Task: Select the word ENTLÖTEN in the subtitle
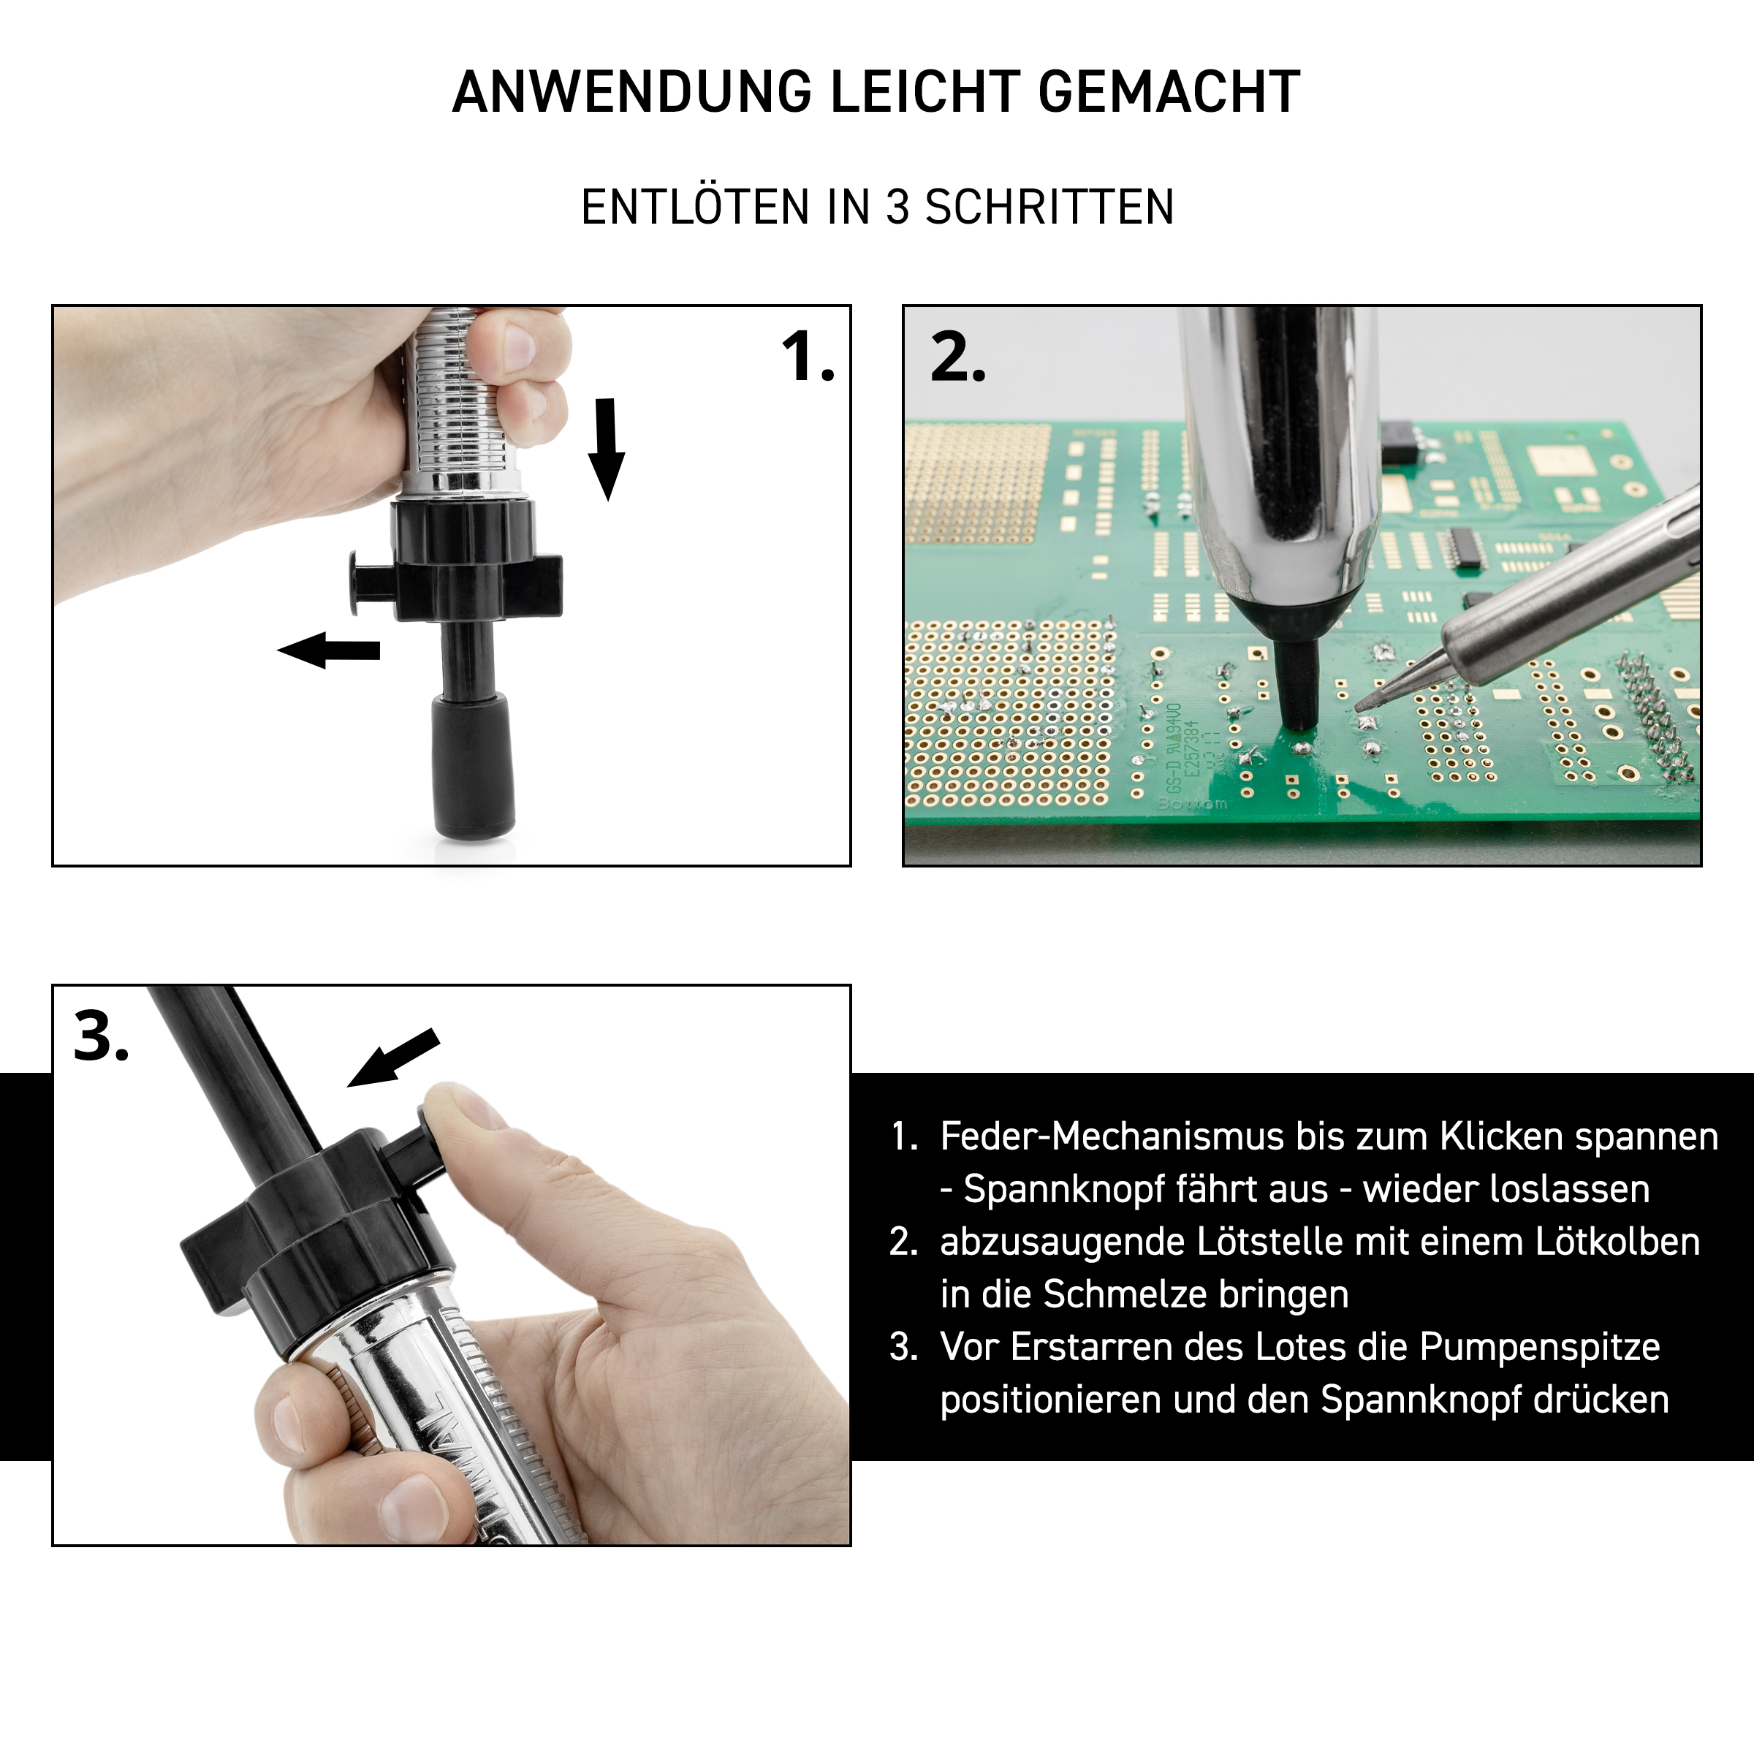[696, 207]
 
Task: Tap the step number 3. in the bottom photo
[102, 1036]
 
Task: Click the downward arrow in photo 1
[606, 449]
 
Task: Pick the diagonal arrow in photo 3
[394, 1058]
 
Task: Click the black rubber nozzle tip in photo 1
[472, 764]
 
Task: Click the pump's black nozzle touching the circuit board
[1297, 681]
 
